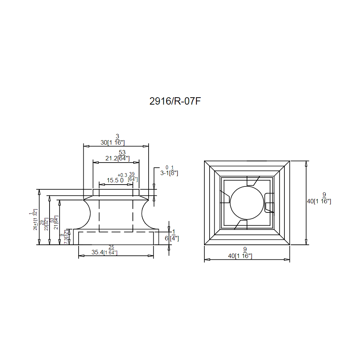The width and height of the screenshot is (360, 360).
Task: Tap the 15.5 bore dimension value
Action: (113, 180)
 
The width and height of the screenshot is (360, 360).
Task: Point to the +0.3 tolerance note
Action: (122, 175)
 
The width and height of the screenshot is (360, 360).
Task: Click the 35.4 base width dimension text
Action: (97, 252)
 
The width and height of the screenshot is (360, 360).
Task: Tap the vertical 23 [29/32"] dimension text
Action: (46, 224)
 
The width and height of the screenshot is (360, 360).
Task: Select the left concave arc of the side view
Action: (88, 214)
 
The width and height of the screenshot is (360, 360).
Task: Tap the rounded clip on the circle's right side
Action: (269, 202)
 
